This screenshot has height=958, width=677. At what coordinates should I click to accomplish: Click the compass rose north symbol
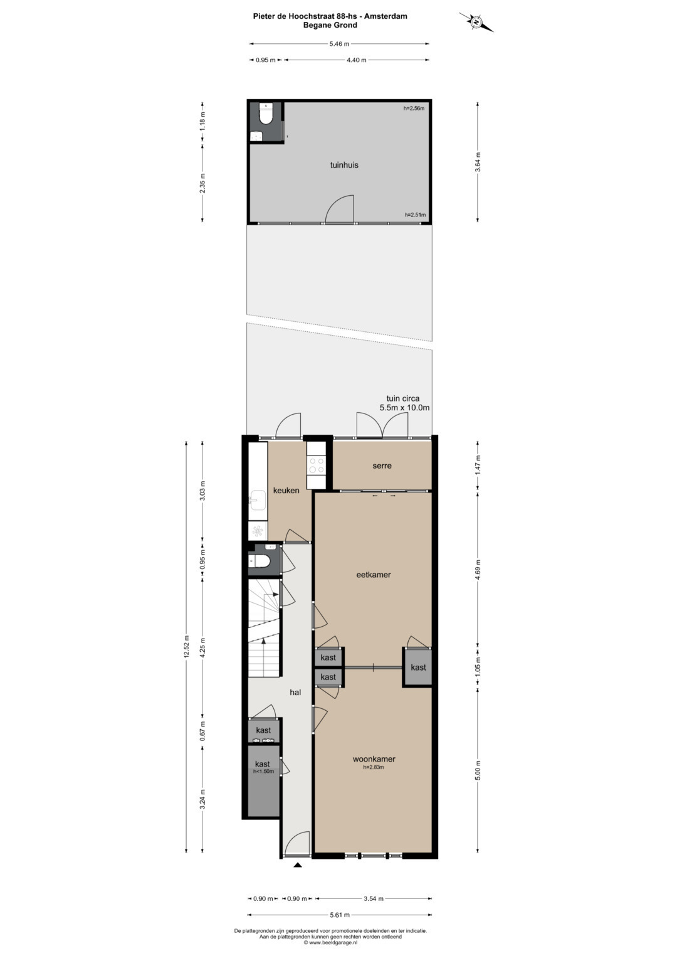[x=476, y=22]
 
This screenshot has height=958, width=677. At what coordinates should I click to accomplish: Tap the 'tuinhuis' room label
[x=344, y=165]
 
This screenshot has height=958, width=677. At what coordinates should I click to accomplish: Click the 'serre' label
[x=382, y=466]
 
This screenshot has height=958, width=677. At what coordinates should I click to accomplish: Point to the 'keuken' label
[x=286, y=491]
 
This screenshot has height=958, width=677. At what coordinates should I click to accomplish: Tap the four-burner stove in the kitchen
[x=317, y=465]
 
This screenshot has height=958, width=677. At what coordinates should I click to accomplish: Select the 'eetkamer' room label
[x=374, y=575]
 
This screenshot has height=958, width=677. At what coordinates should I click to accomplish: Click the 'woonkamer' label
[x=374, y=759]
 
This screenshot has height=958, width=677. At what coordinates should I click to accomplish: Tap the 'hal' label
[x=295, y=693]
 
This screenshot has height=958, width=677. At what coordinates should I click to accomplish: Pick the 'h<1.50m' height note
[x=263, y=772]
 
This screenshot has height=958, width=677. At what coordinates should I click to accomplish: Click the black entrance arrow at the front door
[x=298, y=865]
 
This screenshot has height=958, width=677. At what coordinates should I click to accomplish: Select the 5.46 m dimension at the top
[x=339, y=44]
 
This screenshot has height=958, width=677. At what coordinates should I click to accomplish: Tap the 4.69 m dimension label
[x=478, y=570]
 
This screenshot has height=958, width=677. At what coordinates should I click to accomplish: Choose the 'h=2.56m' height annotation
[x=414, y=109]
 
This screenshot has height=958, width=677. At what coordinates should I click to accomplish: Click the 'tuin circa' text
[x=403, y=398]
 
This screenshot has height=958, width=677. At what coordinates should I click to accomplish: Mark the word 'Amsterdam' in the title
[x=386, y=16]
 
